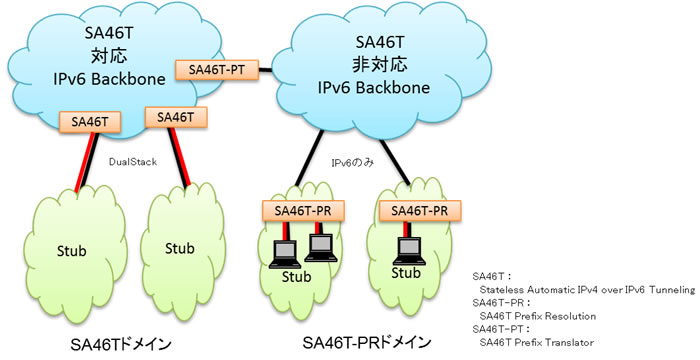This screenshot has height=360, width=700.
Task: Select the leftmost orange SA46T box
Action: point(90,122)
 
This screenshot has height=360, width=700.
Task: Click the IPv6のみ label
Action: point(352,160)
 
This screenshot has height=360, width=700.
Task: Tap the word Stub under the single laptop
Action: point(405,272)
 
